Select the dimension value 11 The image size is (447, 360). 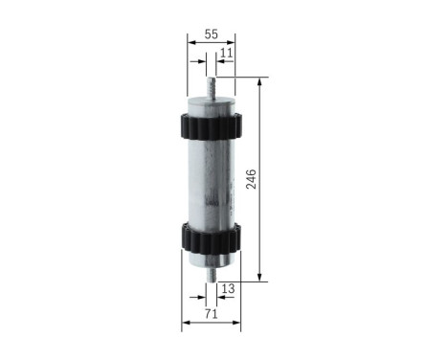point(226,54)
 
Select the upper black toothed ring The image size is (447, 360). point(211,124)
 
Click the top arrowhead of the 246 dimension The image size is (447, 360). point(258,82)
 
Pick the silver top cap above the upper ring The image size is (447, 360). point(211,103)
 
